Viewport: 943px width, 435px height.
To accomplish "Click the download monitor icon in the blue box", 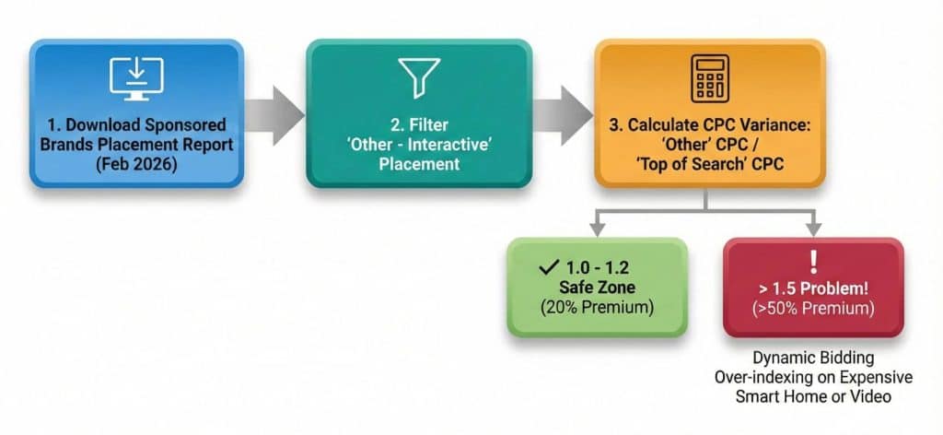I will point(136,78).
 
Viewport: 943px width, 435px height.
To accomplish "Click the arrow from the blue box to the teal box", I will point(275,114).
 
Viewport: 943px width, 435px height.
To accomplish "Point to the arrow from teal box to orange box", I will point(563,114).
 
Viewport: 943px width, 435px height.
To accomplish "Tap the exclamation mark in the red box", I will point(811,261).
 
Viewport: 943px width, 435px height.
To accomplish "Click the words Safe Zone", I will point(597,288).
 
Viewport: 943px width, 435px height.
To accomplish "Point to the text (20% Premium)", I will point(597,308).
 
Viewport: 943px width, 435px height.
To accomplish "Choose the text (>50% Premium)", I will point(812,307).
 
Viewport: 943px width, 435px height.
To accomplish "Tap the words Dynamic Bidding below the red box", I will point(812,357).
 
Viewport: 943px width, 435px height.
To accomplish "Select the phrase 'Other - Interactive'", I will point(419,145).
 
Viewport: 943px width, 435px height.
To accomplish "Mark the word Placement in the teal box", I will point(419,165).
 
